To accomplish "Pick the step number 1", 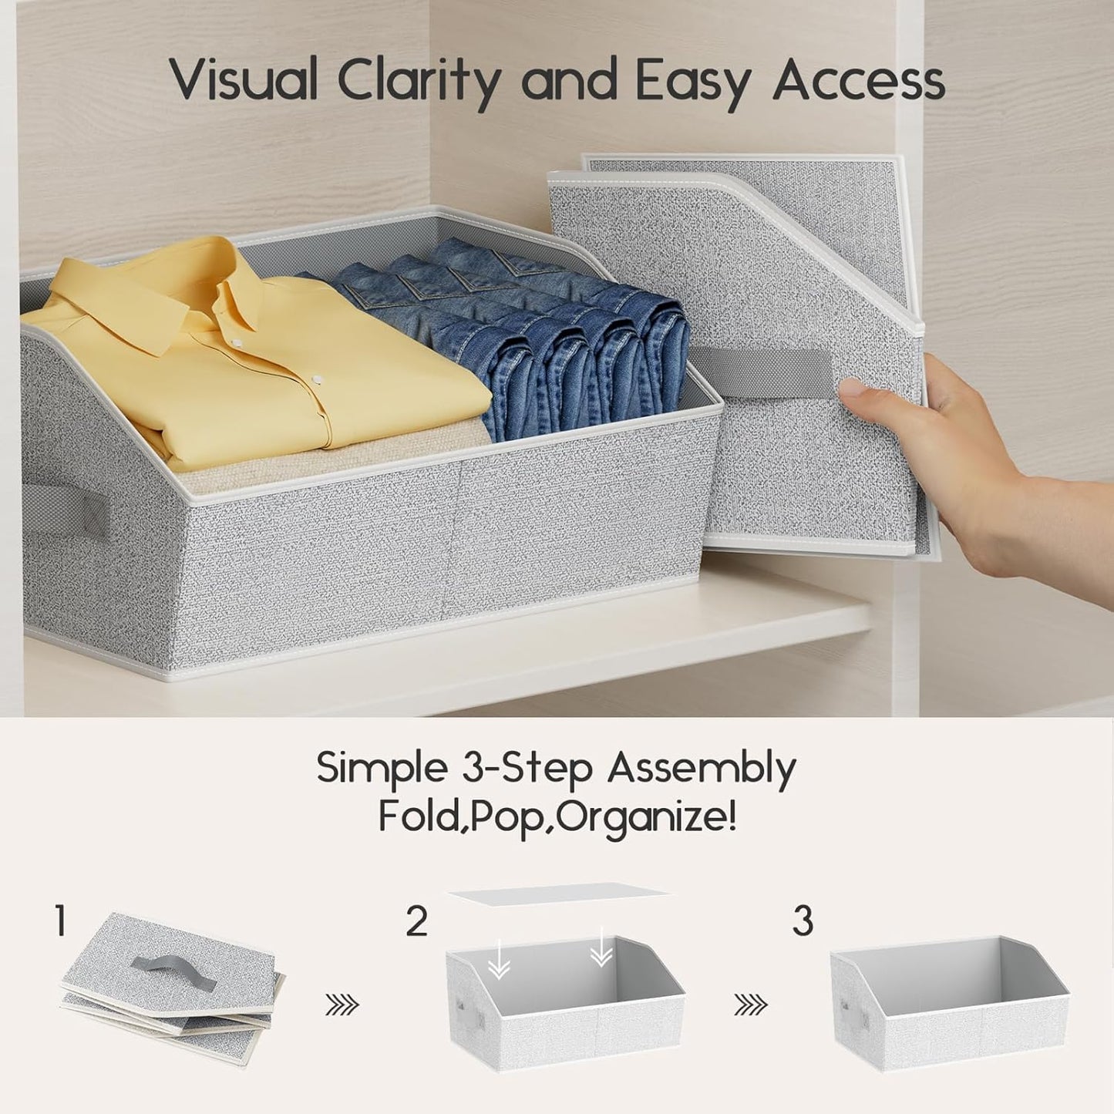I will pos(60,920).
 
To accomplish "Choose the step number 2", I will pos(416,920).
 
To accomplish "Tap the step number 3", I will pos(803,920).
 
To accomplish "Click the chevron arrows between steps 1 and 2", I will pos(342,1004).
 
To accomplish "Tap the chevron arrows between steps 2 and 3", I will pos(750,1004).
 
